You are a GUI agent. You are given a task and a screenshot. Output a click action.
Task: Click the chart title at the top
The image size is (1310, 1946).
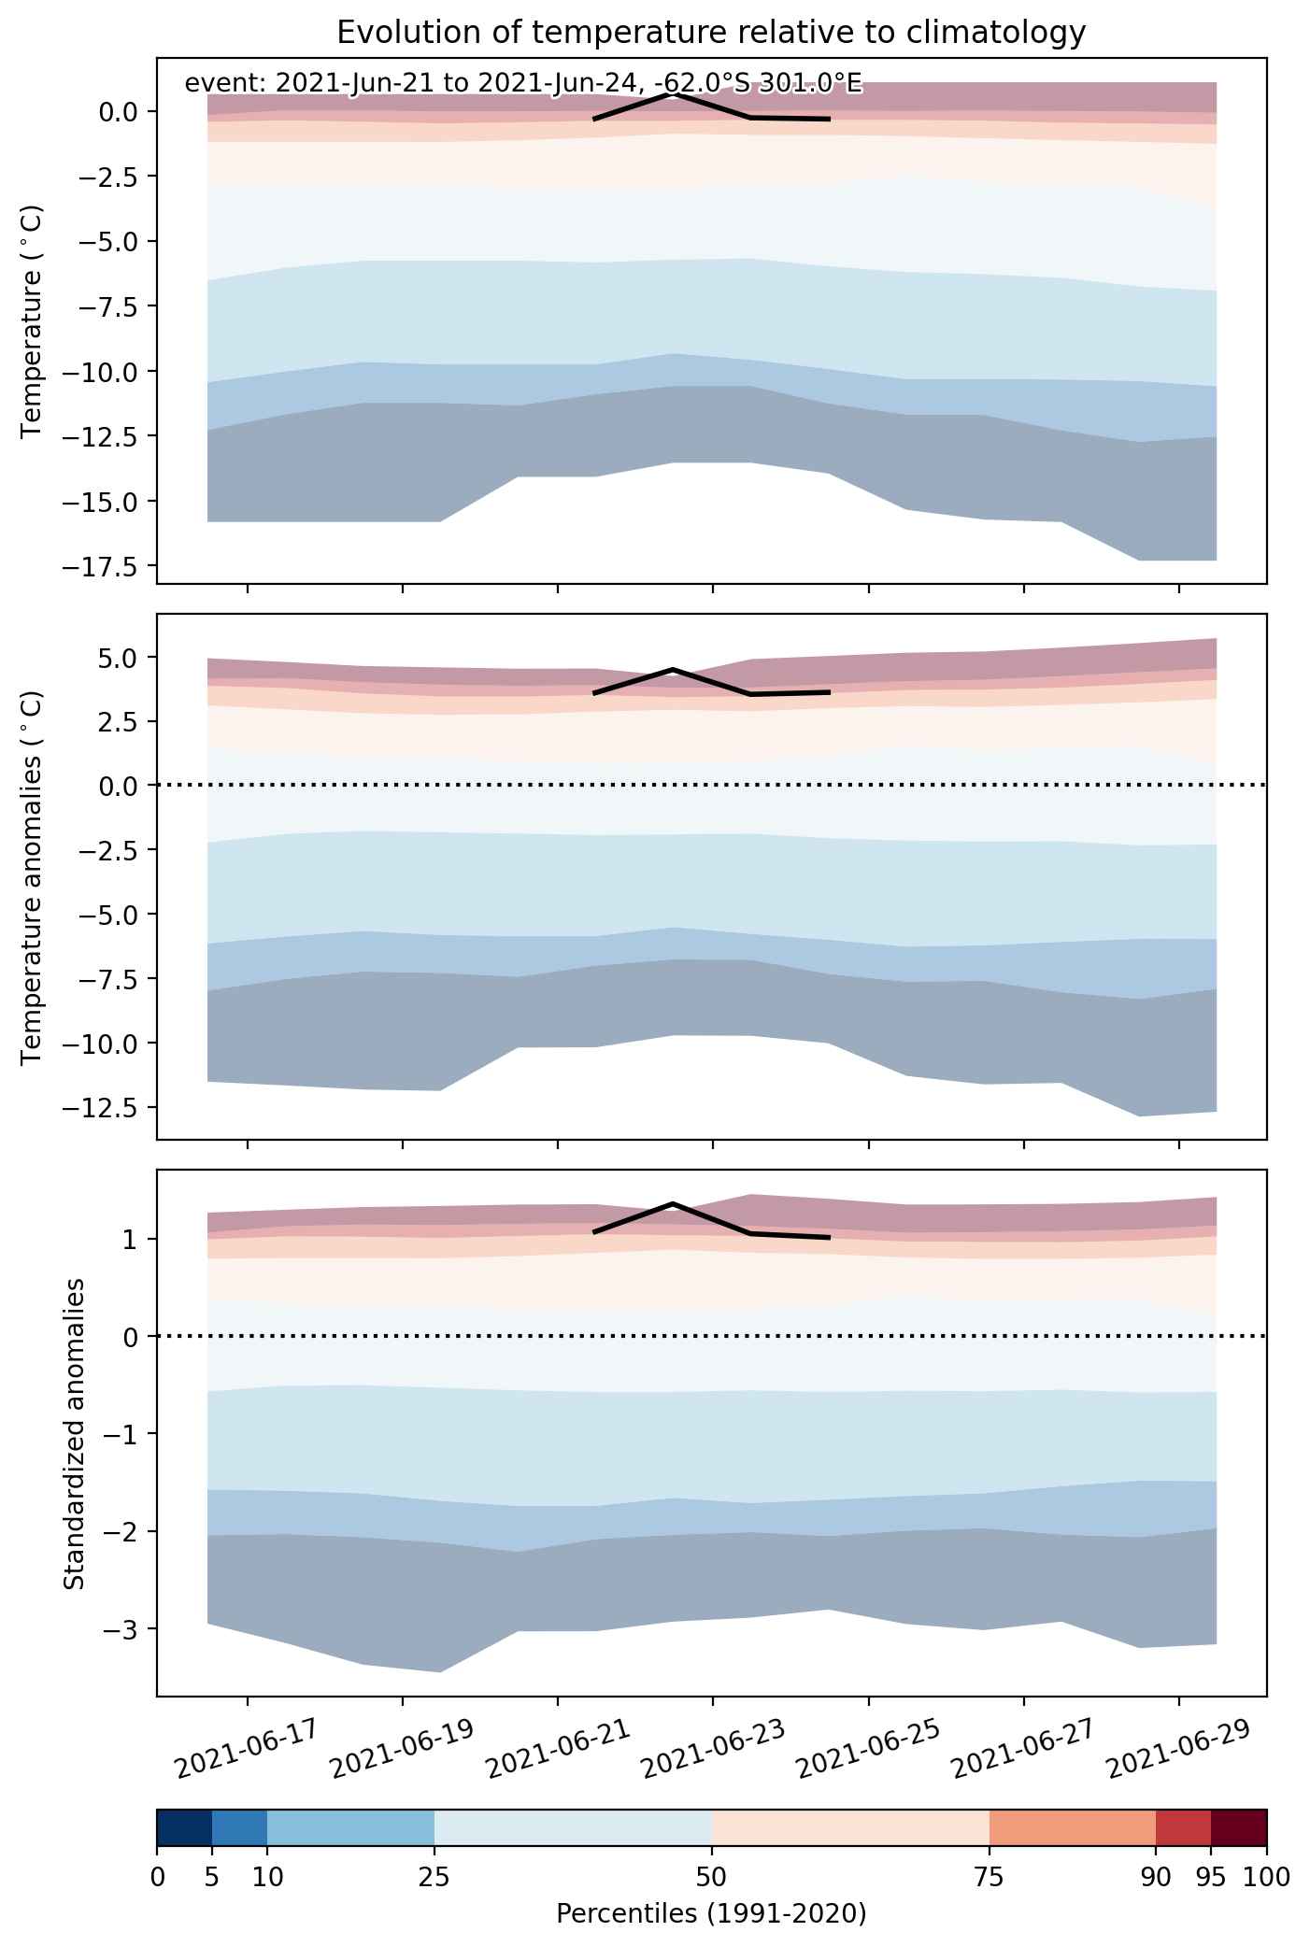click(711, 33)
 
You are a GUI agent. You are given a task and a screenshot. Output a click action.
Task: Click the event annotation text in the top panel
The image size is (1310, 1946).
click(523, 84)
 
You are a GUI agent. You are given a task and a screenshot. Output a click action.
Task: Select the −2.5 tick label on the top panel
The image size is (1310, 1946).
click(109, 177)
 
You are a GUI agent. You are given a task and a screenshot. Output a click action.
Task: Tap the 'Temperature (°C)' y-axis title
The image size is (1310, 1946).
click(34, 320)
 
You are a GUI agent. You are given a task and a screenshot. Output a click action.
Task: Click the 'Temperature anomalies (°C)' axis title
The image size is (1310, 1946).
click(34, 876)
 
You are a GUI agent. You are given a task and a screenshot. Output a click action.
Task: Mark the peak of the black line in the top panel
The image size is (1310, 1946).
click(673, 93)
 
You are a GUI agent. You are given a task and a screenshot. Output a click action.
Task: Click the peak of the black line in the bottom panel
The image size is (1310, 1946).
click(673, 1203)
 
